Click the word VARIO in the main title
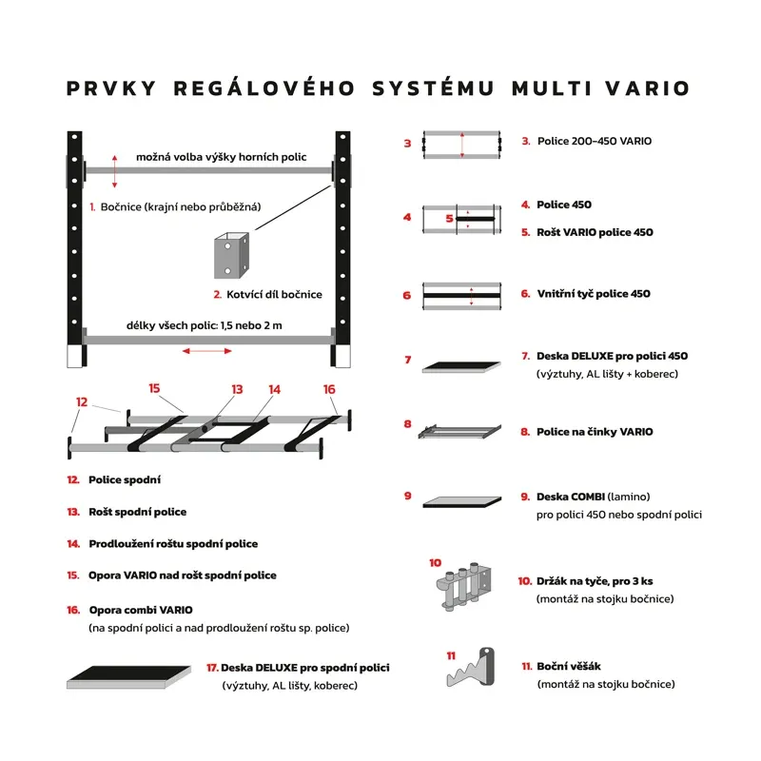642,88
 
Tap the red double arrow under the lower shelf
206,351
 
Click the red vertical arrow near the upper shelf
115,171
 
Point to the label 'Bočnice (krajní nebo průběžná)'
181,206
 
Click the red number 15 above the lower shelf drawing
154,388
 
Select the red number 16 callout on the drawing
329,389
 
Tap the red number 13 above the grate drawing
237,389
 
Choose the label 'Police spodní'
125,480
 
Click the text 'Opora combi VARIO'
141,609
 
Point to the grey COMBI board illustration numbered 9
461,500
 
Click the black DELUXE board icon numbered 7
461,366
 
